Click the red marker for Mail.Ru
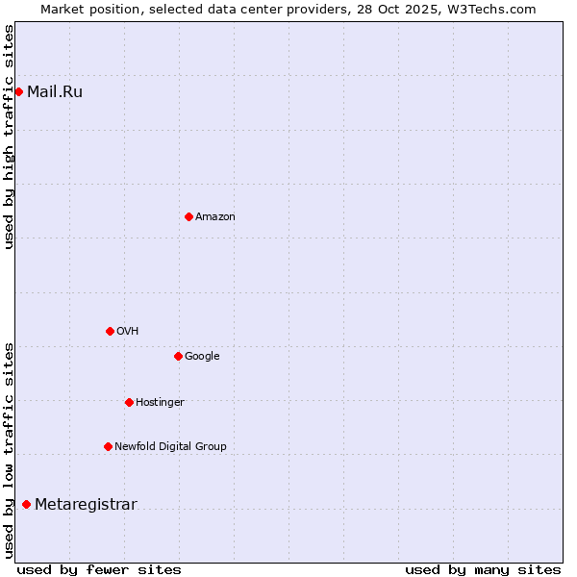pyautogui.click(x=18, y=91)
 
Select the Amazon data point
pyautogui.click(x=188, y=216)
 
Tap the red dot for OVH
pyautogui.click(x=110, y=331)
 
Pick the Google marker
pyautogui.click(x=178, y=356)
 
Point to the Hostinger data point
pyautogui.click(x=129, y=402)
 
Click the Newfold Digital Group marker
pyautogui.click(x=108, y=446)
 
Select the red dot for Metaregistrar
pyautogui.click(x=26, y=504)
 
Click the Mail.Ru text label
pyautogui.click(x=55, y=92)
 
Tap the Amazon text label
pyautogui.click(x=215, y=217)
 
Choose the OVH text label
pyautogui.click(x=128, y=332)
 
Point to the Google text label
pyautogui.click(x=202, y=357)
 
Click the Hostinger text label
pyautogui.click(x=160, y=403)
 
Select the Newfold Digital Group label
pyautogui.click(x=170, y=447)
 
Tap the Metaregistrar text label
pyautogui.click(x=86, y=505)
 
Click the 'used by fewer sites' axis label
pyautogui.click(x=99, y=569)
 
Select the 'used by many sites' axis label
pyautogui.click(x=483, y=569)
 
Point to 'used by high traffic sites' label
pyautogui.click(x=10, y=137)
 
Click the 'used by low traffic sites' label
pyautogui.click(x=10, y=450)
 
